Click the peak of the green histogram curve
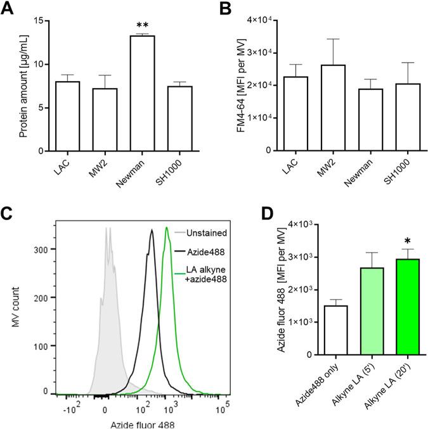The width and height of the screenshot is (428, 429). tap(166, 228)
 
